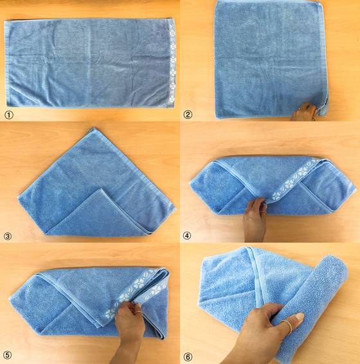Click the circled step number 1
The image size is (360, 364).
[x=9, y=115]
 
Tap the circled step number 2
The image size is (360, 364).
[x=188, y=114]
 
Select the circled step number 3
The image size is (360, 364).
[x=8, y=236]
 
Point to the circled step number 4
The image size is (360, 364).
[x=187, y=236]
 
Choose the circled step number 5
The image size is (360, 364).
[x=8, y=355]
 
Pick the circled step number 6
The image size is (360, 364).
[x=188, y=356]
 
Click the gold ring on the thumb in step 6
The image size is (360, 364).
[x=287, y=325]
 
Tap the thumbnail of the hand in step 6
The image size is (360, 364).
[x=299, y=316]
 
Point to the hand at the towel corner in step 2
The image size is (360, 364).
[x=304, y=112]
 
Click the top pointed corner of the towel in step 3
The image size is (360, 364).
[x=94, y=128]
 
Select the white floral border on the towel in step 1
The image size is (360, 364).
[x=172, y=64]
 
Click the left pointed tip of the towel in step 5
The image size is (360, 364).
[x=10, y=298]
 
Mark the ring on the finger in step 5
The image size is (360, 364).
[x=138, y=312]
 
